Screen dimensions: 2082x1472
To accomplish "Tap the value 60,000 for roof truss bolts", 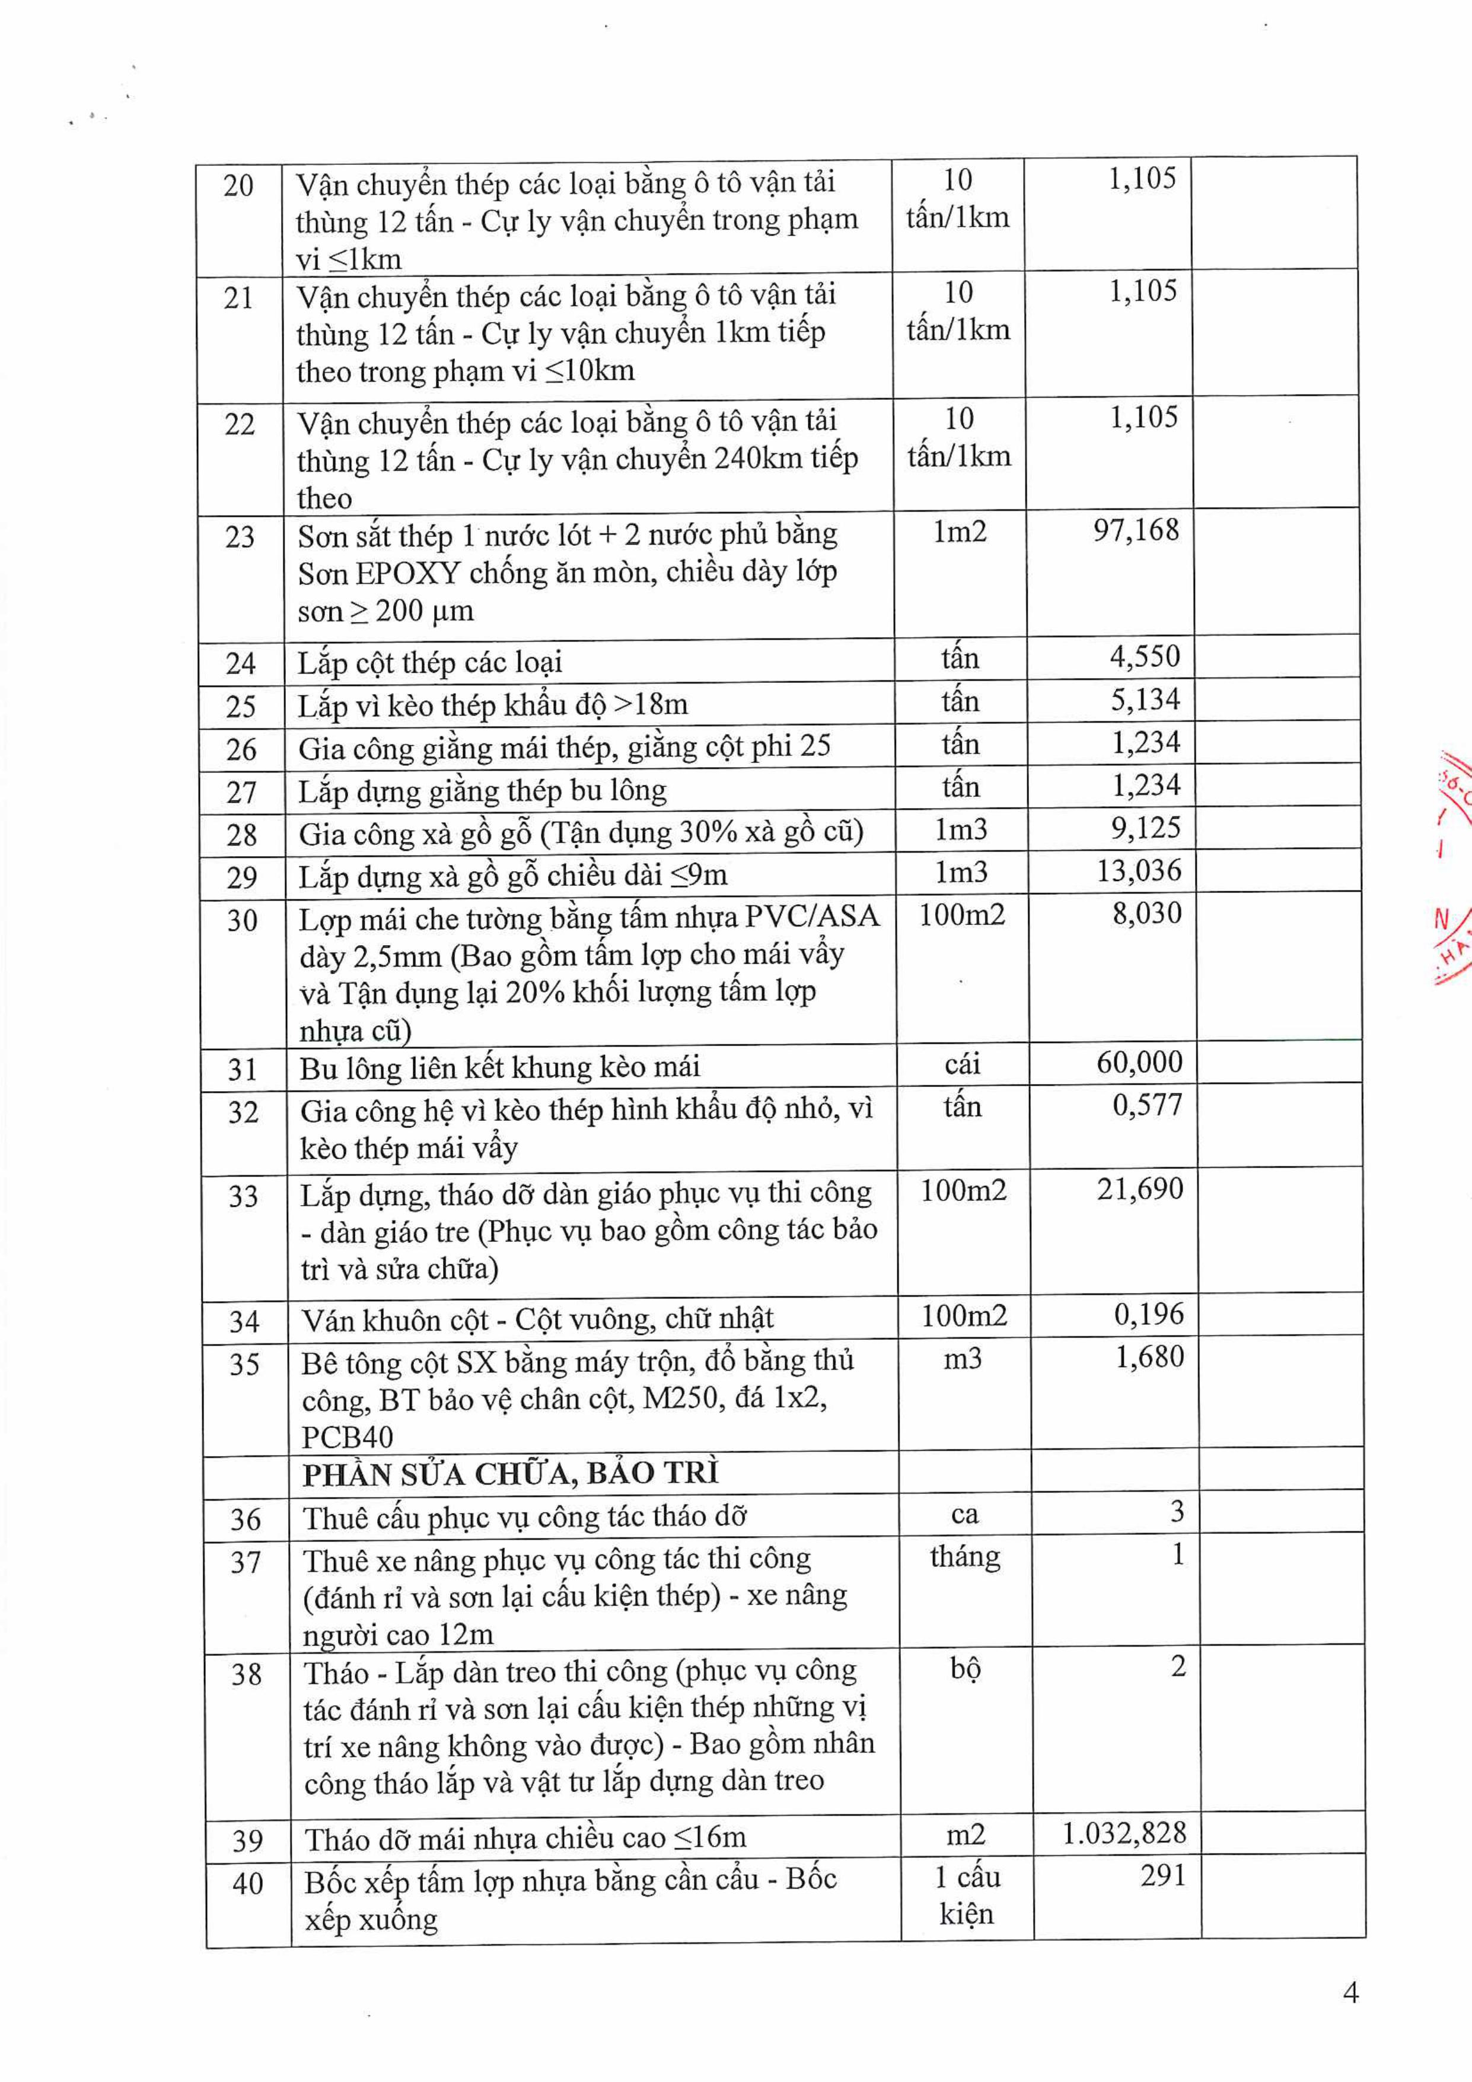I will coord(1139,1062).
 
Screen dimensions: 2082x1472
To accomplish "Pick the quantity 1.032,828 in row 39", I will coord(1124,1833).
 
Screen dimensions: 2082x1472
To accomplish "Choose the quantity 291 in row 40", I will coord(1163,1876).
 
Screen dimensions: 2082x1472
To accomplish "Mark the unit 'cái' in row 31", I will coord(962,1064).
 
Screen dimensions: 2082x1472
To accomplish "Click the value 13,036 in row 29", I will coord(1139,870).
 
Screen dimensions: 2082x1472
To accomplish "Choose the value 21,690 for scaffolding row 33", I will coord(1140,1189).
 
